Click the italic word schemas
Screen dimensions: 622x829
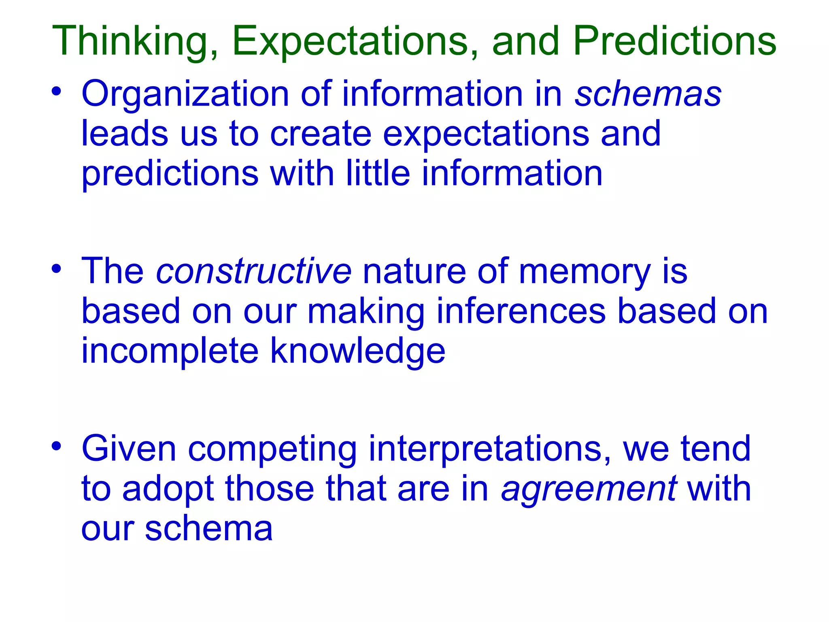[648, 94]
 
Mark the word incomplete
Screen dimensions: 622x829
[170, 351]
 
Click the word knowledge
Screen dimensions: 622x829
[358, 351]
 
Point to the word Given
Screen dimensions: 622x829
[129, 448]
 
